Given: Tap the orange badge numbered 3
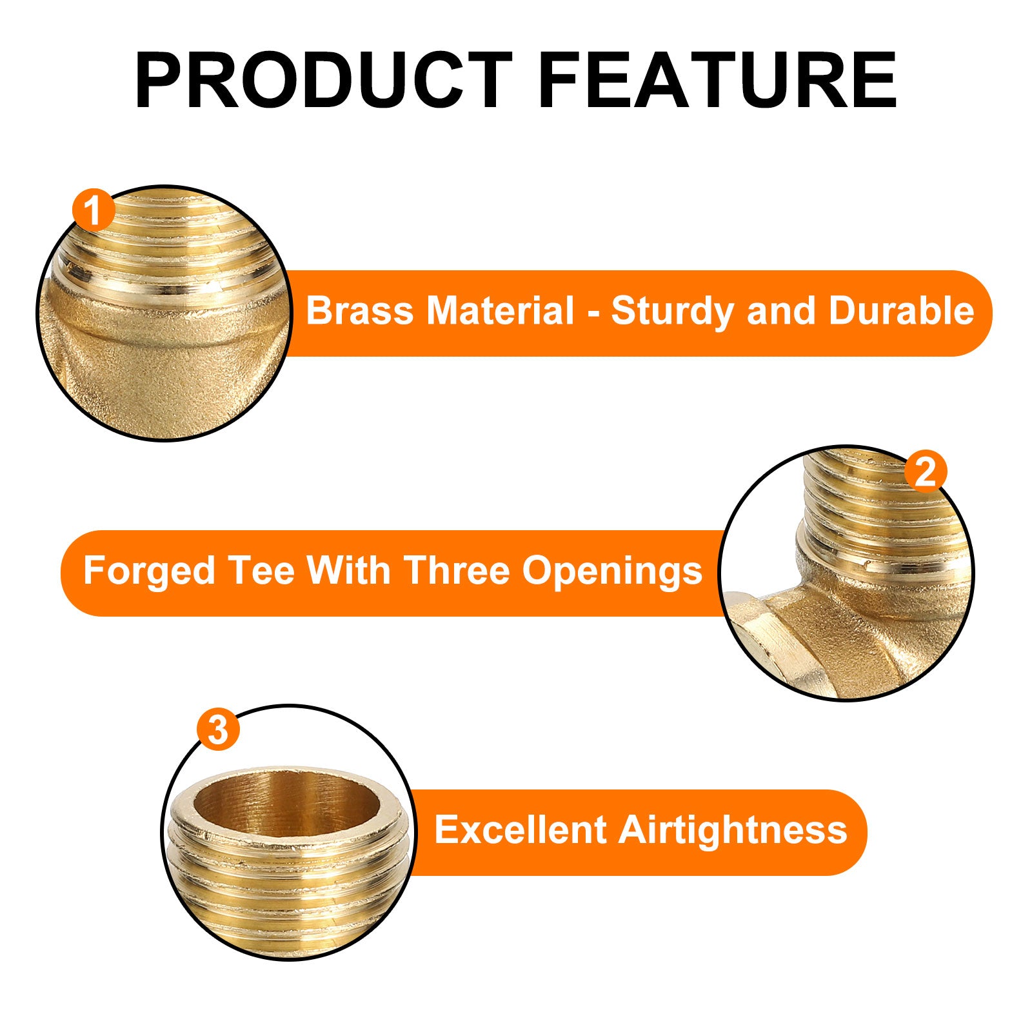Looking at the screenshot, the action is coord(218,729).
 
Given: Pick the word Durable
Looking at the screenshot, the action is coord(901,311).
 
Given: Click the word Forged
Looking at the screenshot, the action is coord(149,572).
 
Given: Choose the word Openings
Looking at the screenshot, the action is coord(612,572).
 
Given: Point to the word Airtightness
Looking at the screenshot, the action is coord(733,831).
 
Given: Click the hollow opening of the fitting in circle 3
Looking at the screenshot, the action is coord(286,804).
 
